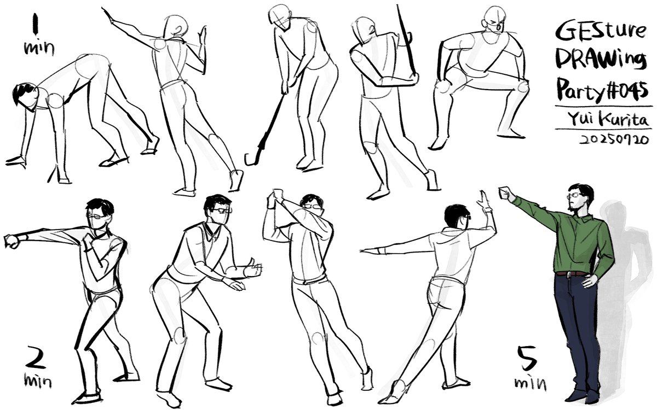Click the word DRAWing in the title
600,60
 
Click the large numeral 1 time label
37,25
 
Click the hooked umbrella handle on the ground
251,159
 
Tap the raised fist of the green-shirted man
505,193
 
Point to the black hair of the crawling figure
25,93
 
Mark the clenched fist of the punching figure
11,240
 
